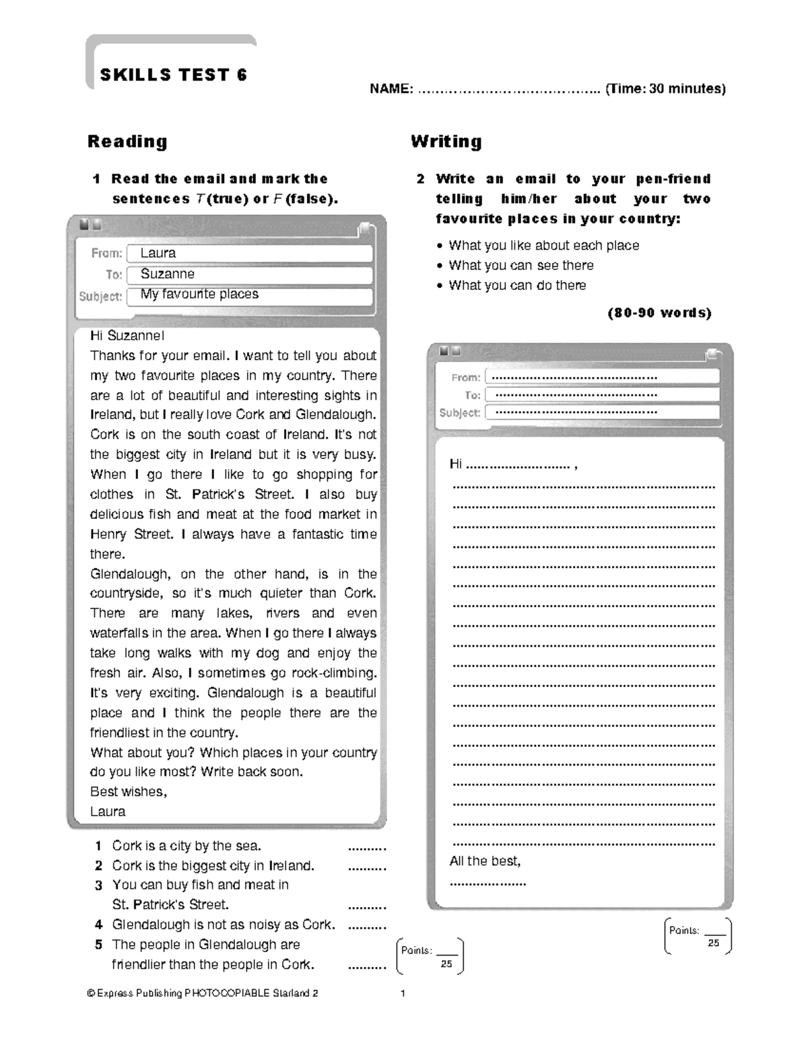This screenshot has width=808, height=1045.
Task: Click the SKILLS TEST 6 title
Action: point(173,75)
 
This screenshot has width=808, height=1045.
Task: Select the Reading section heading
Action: point(127,141)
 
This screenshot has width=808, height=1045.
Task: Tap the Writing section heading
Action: point(446,141)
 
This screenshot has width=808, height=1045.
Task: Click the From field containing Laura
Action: point(249,254)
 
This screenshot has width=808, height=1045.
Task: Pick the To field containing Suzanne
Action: point(249,275)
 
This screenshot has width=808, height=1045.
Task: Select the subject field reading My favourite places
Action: point(249,295)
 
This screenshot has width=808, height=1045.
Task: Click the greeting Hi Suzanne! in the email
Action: point(127,336)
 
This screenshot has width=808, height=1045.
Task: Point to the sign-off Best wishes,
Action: point(129,792)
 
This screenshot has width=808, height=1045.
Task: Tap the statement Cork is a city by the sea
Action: point(187,846)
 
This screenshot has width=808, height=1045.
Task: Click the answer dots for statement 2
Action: point(366,867)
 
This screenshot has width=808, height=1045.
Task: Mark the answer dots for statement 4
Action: point(366,926)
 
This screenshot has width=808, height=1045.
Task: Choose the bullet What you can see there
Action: point(521,265)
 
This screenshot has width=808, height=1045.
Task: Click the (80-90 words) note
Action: point(659,313)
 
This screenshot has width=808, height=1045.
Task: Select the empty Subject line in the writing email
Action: point(602,412)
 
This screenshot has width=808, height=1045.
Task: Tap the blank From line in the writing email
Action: point(602,377)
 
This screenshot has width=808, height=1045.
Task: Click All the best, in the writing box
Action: point(485,861)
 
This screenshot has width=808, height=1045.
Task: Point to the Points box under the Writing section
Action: point(698,936)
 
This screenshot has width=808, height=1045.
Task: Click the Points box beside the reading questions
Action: point(430,956)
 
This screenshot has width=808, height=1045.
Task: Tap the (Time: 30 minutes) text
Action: point(665,89)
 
